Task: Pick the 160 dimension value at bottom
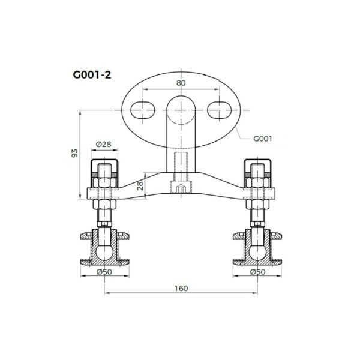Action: point(181,288)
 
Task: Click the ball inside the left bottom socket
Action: point(104,248)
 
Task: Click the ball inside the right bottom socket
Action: point(257,248)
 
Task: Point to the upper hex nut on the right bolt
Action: point(257,182)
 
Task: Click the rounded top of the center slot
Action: point(181,103)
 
